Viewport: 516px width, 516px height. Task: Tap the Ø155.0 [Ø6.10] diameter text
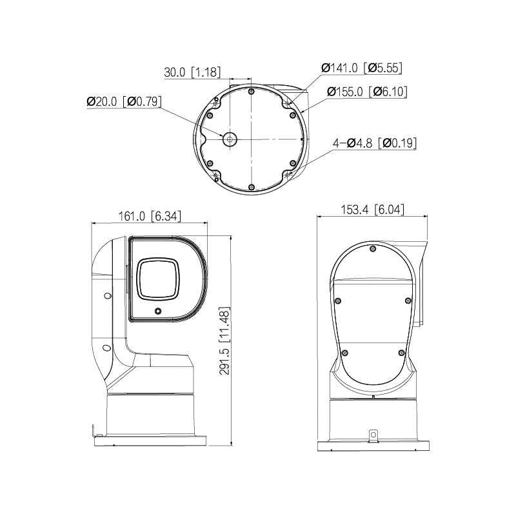point(367,92)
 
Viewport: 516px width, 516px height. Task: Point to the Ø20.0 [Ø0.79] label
point(124,101)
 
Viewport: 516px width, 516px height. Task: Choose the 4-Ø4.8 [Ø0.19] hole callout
point(374,143)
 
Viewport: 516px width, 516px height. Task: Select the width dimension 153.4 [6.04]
point(373,210)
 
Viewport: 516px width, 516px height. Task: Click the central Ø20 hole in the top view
point(229,139)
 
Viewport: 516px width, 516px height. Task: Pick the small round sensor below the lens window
point(157,312)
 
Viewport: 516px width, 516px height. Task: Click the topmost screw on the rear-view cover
point(373,248)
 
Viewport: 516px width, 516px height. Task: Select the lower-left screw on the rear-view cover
point(344,352)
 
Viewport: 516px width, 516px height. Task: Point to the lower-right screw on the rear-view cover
point(401,352)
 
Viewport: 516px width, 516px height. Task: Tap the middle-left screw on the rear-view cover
point(338,300)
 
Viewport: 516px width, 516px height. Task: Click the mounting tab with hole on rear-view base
point(372,436)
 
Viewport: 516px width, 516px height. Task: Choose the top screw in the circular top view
point(251,91)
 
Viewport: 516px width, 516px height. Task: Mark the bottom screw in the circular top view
point(251,187)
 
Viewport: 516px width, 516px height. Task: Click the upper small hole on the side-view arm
point(107,296)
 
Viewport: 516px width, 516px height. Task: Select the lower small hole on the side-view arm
point(103,346)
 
